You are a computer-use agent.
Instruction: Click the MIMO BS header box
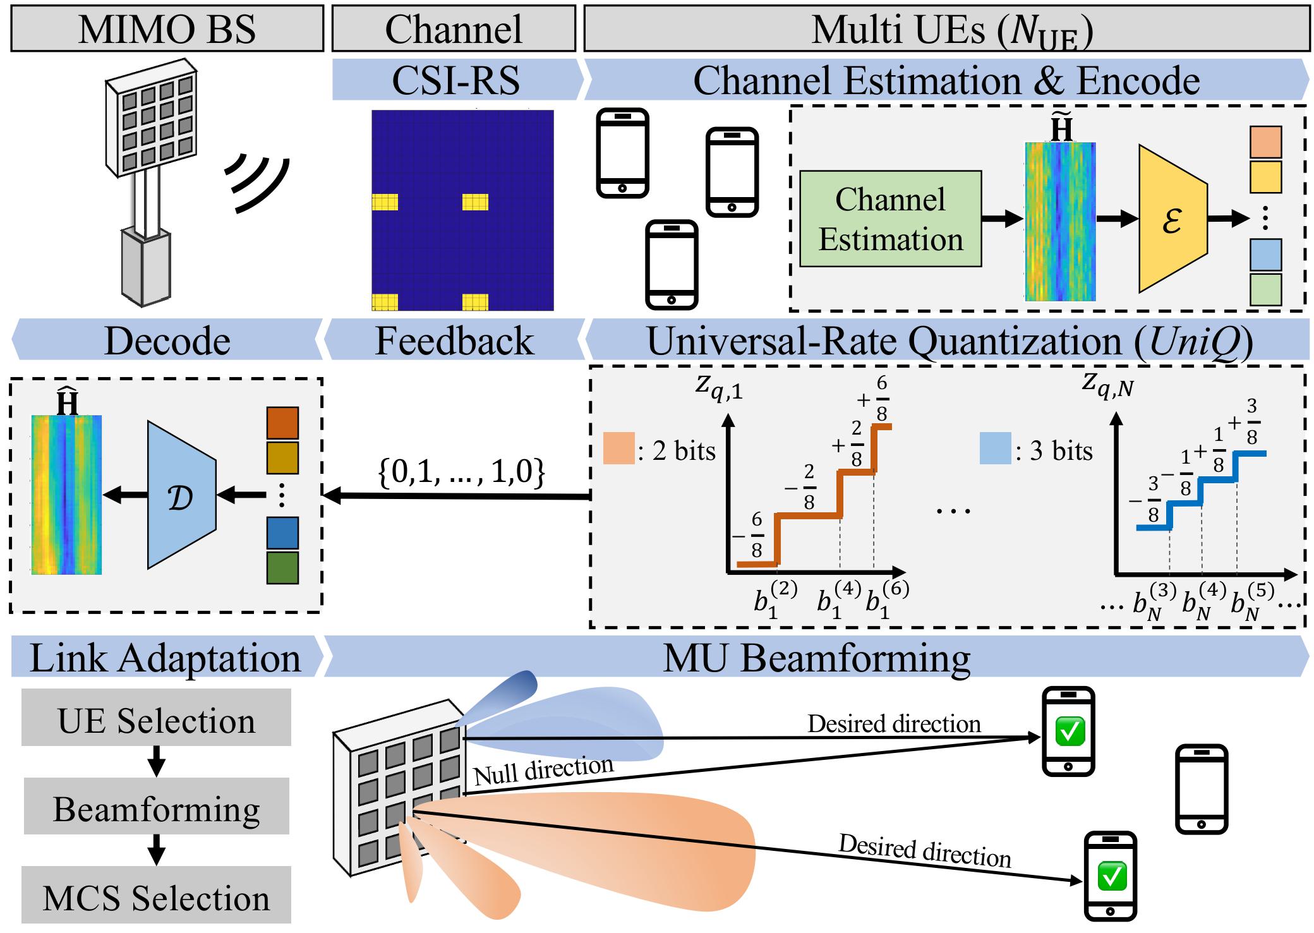[167, 29]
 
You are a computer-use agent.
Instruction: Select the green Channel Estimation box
[891, 219]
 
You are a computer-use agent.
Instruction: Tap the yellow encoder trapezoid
[1172, 219]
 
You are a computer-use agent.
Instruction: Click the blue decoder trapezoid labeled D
[181, 495]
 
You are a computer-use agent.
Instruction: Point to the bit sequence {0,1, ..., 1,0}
[461, 471]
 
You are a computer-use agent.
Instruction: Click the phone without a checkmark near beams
[1201, 790]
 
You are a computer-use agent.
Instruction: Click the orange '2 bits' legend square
[618, 448]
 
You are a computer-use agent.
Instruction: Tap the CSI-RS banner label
[455, 80]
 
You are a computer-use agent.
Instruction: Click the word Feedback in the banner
[454, 341]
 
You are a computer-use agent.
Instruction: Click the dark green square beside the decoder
[282, 567]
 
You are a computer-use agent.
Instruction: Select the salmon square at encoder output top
[1265, 141]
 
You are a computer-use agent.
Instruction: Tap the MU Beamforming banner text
[816, 658]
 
